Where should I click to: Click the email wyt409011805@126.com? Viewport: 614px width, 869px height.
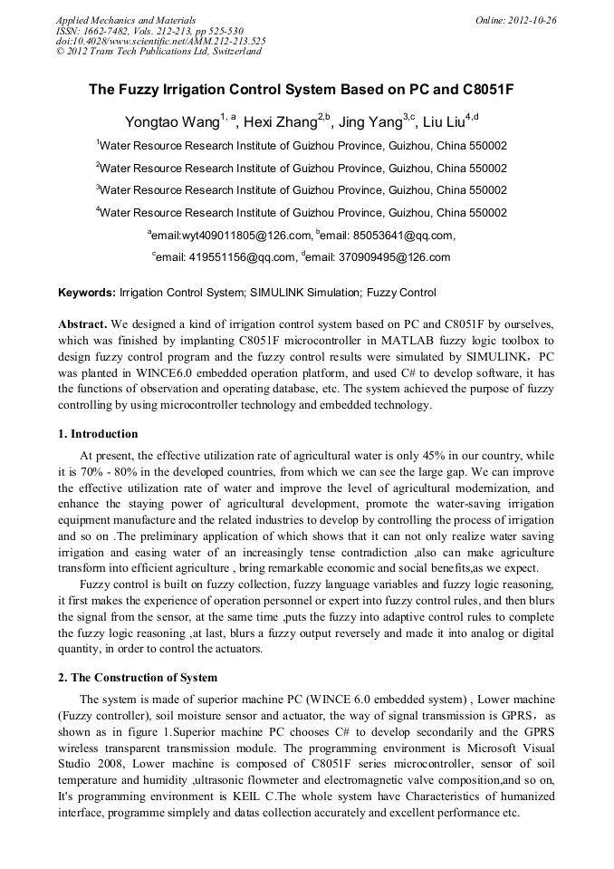[x=240, y=236]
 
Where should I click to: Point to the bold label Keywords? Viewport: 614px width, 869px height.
[x=87, y=293]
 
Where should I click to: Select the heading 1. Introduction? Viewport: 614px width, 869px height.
[x=98, y=433]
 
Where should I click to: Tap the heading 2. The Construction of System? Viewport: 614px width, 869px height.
[x=138, y=677]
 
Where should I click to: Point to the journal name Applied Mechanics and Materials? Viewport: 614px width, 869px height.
[x=126, y=20]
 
